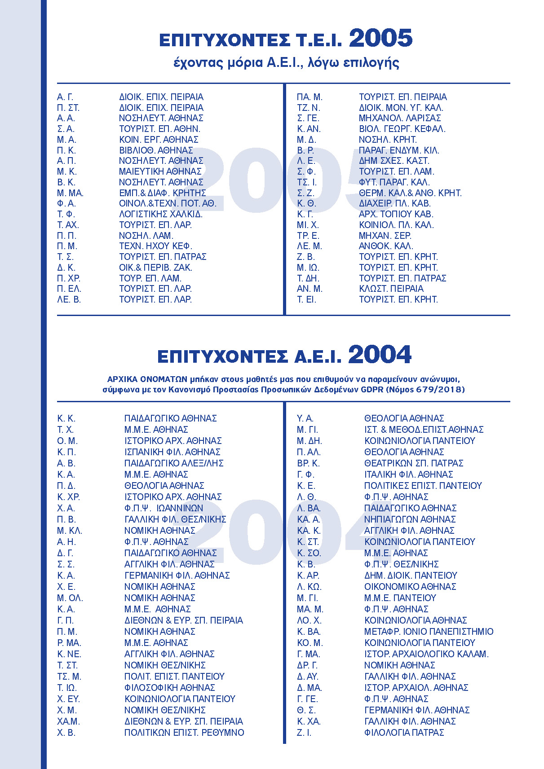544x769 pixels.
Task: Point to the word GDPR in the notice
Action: pos(372,390)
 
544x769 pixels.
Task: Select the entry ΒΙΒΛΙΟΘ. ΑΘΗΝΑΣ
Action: pos(156,150)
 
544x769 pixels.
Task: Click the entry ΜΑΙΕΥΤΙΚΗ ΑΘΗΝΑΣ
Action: pos(160,171)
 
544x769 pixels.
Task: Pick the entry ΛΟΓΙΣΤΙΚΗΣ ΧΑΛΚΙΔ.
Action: pos(161,214)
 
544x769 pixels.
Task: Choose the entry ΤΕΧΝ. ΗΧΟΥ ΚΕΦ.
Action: pos(155,246)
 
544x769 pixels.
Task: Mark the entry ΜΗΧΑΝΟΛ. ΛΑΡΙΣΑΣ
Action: pos(400,118)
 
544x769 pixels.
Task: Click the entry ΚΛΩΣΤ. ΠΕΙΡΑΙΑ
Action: pos(391,289)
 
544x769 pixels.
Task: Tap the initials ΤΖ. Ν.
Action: pos(308,108)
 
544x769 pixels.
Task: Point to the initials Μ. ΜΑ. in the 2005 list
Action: pos(70,193)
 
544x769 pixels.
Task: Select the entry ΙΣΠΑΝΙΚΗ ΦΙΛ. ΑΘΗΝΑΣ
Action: pos(172,452)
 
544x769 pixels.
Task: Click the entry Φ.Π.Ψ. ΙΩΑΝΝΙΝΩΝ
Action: pos(164,508)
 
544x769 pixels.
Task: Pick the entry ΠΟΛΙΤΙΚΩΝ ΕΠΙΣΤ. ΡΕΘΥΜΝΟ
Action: pos(184,733)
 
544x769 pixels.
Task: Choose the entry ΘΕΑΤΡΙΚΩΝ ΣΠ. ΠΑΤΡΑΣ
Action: pos(414,463)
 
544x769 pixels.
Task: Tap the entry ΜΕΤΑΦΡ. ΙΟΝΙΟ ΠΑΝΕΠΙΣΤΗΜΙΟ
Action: pos(429,632)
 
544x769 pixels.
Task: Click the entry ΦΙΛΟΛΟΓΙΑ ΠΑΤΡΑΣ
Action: pos(404,733)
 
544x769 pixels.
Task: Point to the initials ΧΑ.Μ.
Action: pos(68,721)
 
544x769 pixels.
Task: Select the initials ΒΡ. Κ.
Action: pos(308,463)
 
